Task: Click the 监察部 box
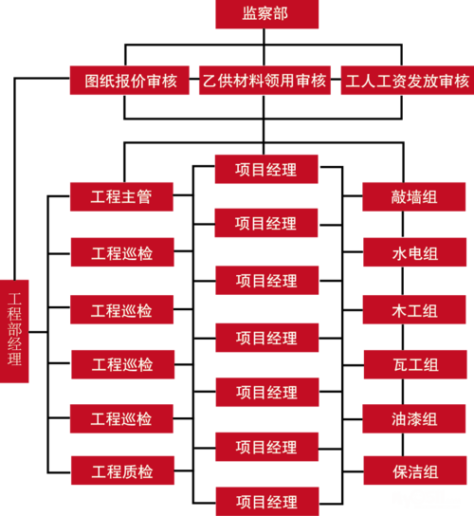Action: point(266,14)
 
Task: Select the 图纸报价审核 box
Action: point(130,81)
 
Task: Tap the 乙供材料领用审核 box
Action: point(264,81)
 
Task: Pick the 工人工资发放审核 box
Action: point(408,81)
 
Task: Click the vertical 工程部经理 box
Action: point(14,331)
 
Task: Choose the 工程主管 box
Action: point(121,196)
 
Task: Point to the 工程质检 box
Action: point(122,470)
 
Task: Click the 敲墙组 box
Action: point(414,196)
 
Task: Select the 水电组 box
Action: point(415,252)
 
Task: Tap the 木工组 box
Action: point(414,309)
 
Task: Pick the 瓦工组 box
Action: point(415,364)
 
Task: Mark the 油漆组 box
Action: point(414,419)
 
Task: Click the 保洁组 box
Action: point(415,470)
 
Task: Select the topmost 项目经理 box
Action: point(266,169)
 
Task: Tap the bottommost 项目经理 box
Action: point(267,502)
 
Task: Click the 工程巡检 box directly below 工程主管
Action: point(122,252)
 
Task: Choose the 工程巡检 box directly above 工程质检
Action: point(121,419)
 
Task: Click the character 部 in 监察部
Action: point(281,14)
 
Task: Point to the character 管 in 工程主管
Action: point(145,196)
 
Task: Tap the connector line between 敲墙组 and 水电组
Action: point(403,225)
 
